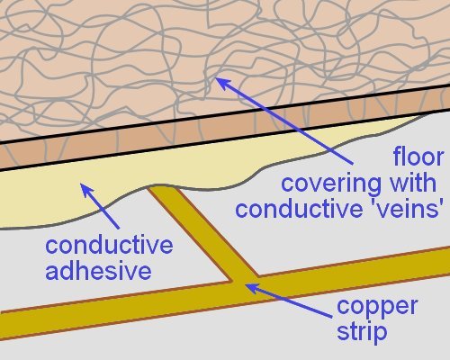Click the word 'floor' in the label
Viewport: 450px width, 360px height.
(418, 157)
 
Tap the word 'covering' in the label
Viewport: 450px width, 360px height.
(331, 184)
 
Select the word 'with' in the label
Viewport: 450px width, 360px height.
(413, 183)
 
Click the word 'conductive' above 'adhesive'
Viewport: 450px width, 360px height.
(109, 245)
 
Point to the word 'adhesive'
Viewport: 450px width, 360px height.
(98, 271)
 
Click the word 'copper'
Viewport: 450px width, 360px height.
(377, 307)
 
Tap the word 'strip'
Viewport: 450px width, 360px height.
(362, 332)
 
